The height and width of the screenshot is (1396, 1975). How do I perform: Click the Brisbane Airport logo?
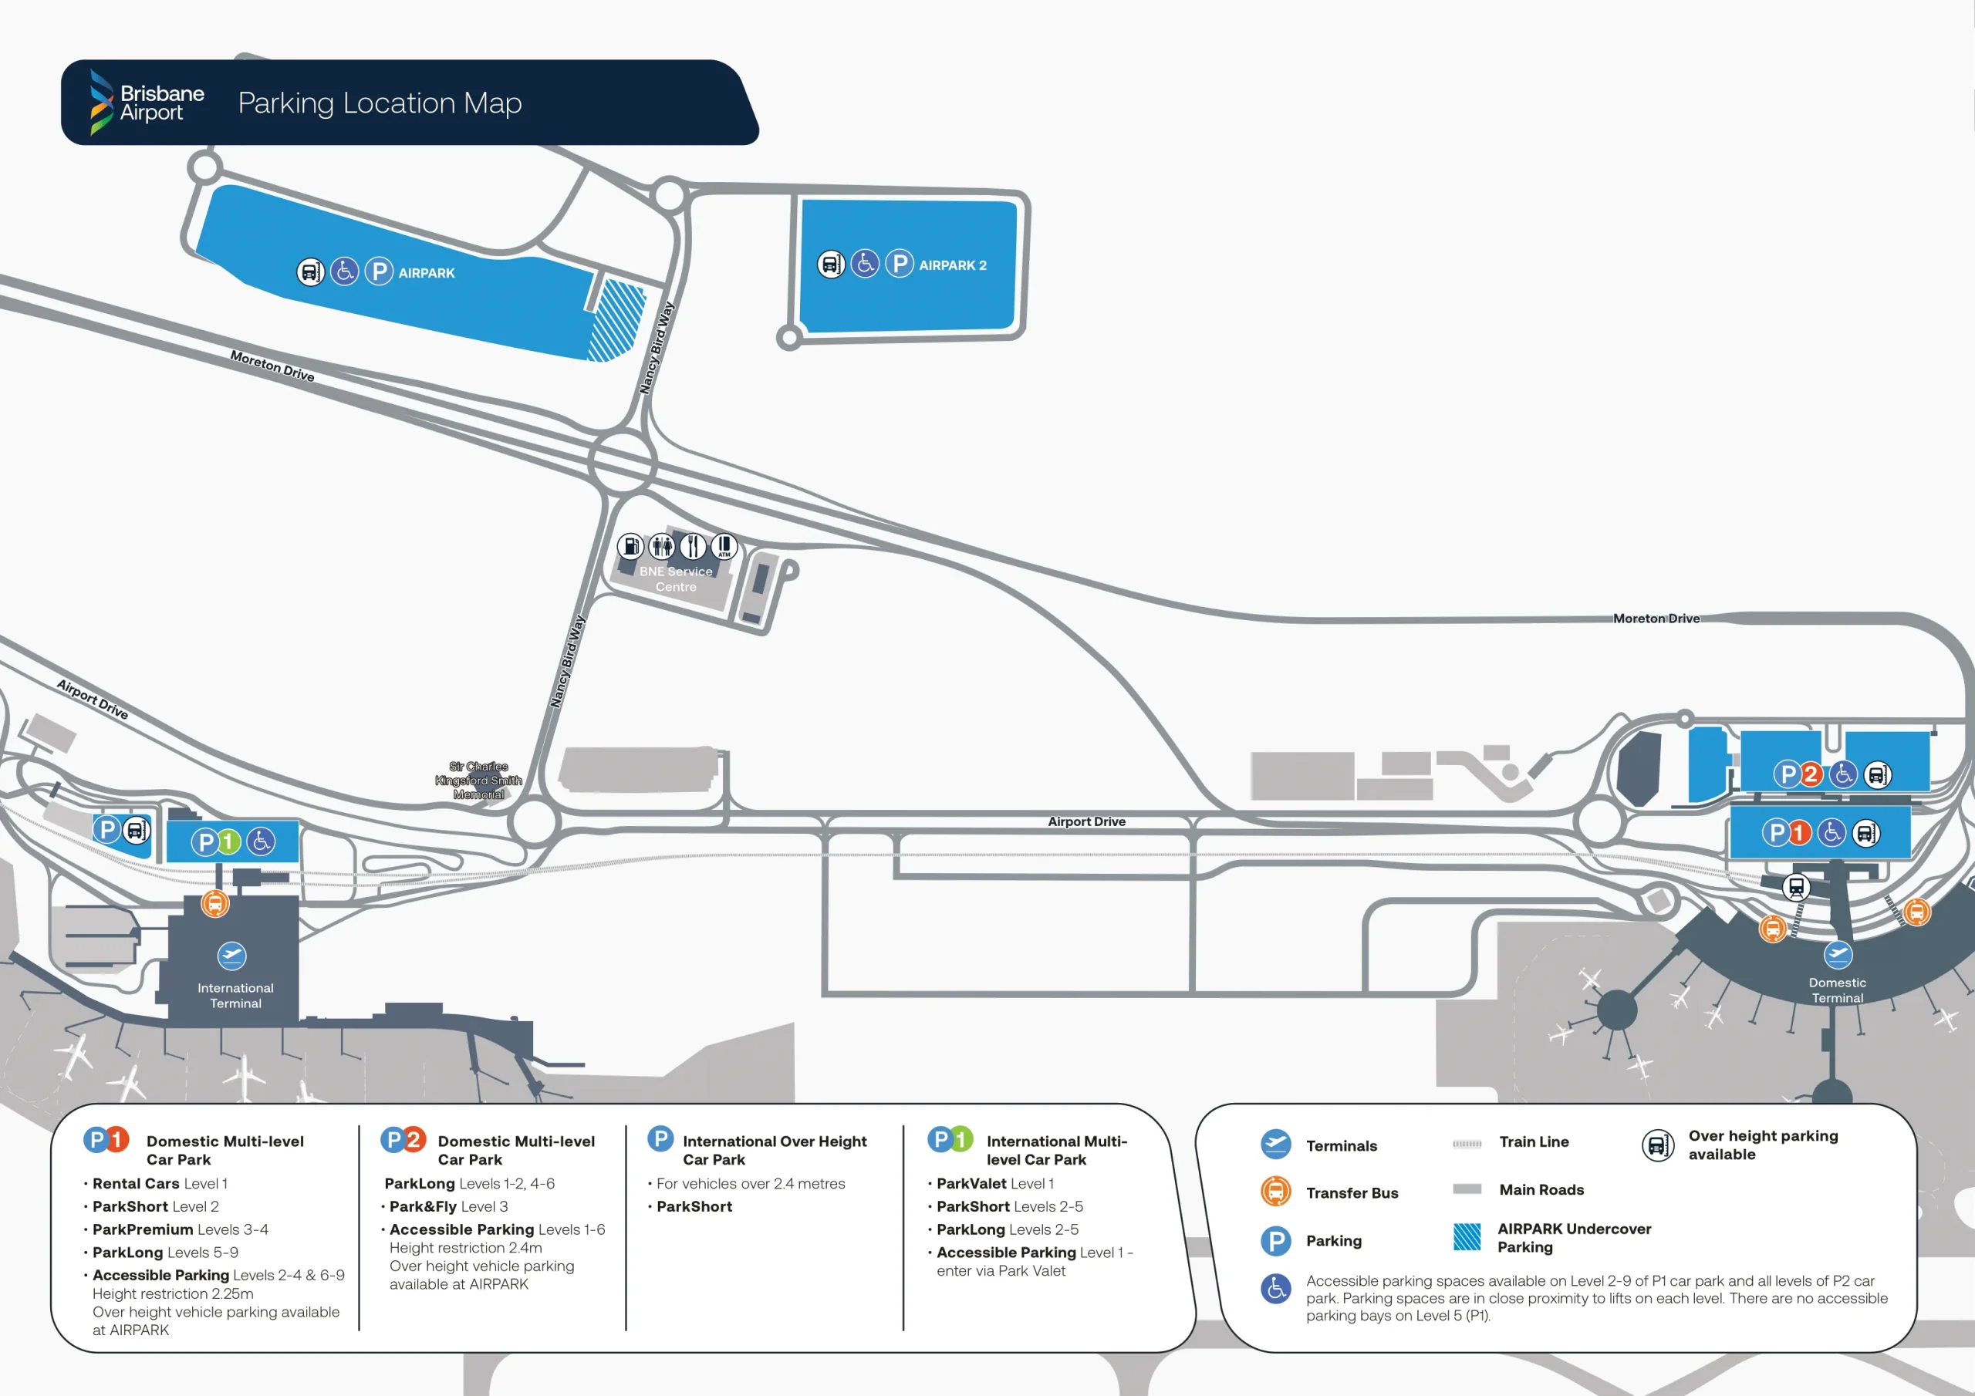[147, 103]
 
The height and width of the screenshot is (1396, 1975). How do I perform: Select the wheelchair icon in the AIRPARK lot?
[344, 271]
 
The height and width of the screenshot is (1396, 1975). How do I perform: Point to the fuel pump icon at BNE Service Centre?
[630, 546]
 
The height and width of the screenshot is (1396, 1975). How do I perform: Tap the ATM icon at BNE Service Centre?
[724, 545]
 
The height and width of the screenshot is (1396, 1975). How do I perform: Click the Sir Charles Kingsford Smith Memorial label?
[478, 781]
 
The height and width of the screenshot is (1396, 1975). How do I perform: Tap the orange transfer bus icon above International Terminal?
[214, 904]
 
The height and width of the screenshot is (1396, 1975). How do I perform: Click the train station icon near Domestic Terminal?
[1795, 887]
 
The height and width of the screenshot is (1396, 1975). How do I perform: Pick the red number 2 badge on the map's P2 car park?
[1810, 775]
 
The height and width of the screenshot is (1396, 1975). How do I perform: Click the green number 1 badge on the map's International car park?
[228, 841]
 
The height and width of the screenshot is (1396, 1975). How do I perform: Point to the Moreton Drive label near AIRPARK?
[272, 366]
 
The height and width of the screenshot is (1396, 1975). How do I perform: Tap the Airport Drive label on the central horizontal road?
[1085, 821]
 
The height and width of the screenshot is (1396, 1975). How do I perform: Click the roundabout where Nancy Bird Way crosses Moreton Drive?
[623, 462]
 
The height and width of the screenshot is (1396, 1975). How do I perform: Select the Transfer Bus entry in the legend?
[1352, 1193]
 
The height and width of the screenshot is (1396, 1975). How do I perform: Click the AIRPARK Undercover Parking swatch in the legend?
[1467, 1237]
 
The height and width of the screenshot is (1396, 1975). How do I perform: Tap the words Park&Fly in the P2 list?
[422, 1207]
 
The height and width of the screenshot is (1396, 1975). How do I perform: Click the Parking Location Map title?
[380, 103]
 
